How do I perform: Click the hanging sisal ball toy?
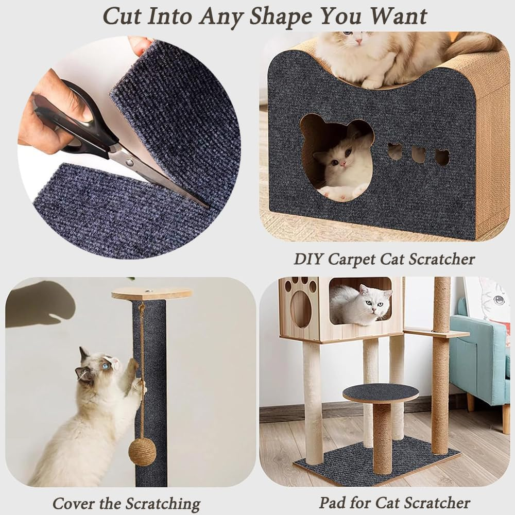143,452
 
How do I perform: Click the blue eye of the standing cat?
105,367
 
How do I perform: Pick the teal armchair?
479,355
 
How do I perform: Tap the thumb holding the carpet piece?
139,45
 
